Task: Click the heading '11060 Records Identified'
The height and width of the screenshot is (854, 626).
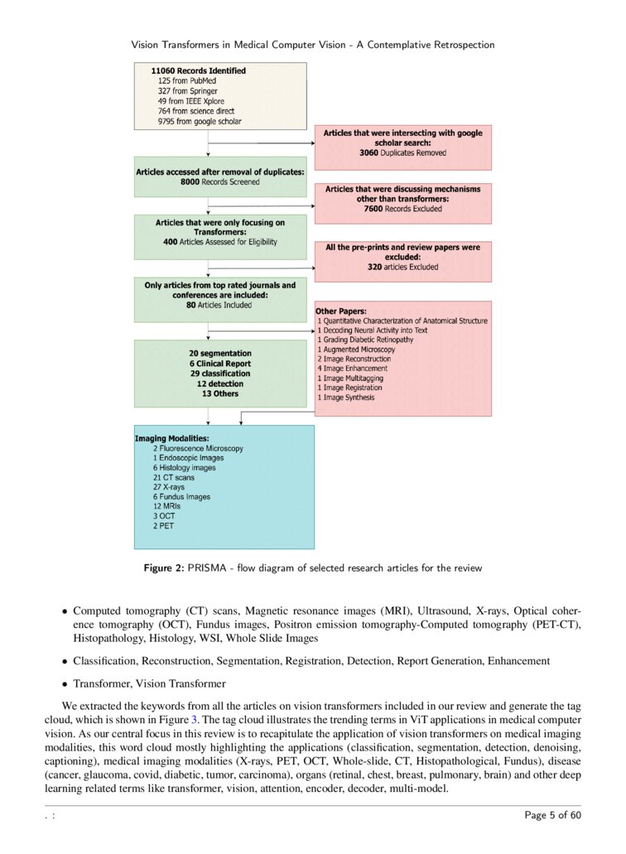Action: pyautogui.click(x=198, y=71)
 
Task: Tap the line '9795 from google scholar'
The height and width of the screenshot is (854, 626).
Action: pyautogui.click(x=200, y=121)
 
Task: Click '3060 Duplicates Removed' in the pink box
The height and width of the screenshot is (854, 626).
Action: pyautogui.click(x=402, y=153)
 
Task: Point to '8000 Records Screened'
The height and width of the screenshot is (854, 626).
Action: pyautogui.click(x=219, y=181)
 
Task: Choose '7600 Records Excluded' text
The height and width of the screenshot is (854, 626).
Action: pyautogui.click(x=402, y=209)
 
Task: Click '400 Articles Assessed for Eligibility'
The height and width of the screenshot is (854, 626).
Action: pyautogui.click(x=219, y=242)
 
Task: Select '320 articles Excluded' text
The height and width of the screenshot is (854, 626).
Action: pyautogui.click(x=402, y=268)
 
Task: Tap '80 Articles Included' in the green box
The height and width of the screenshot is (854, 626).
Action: pyautogui.click(x=219, y=305)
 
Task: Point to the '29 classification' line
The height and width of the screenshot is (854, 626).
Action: pyautogui.click(x=219, y=374)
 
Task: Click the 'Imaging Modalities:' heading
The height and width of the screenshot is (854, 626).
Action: pyautogui.click(x=171, y=438)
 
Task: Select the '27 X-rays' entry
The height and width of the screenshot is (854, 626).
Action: pyautogui.click(x=170, y=487)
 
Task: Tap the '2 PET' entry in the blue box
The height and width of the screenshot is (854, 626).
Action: pyautogui.click(x=163, y=526)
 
